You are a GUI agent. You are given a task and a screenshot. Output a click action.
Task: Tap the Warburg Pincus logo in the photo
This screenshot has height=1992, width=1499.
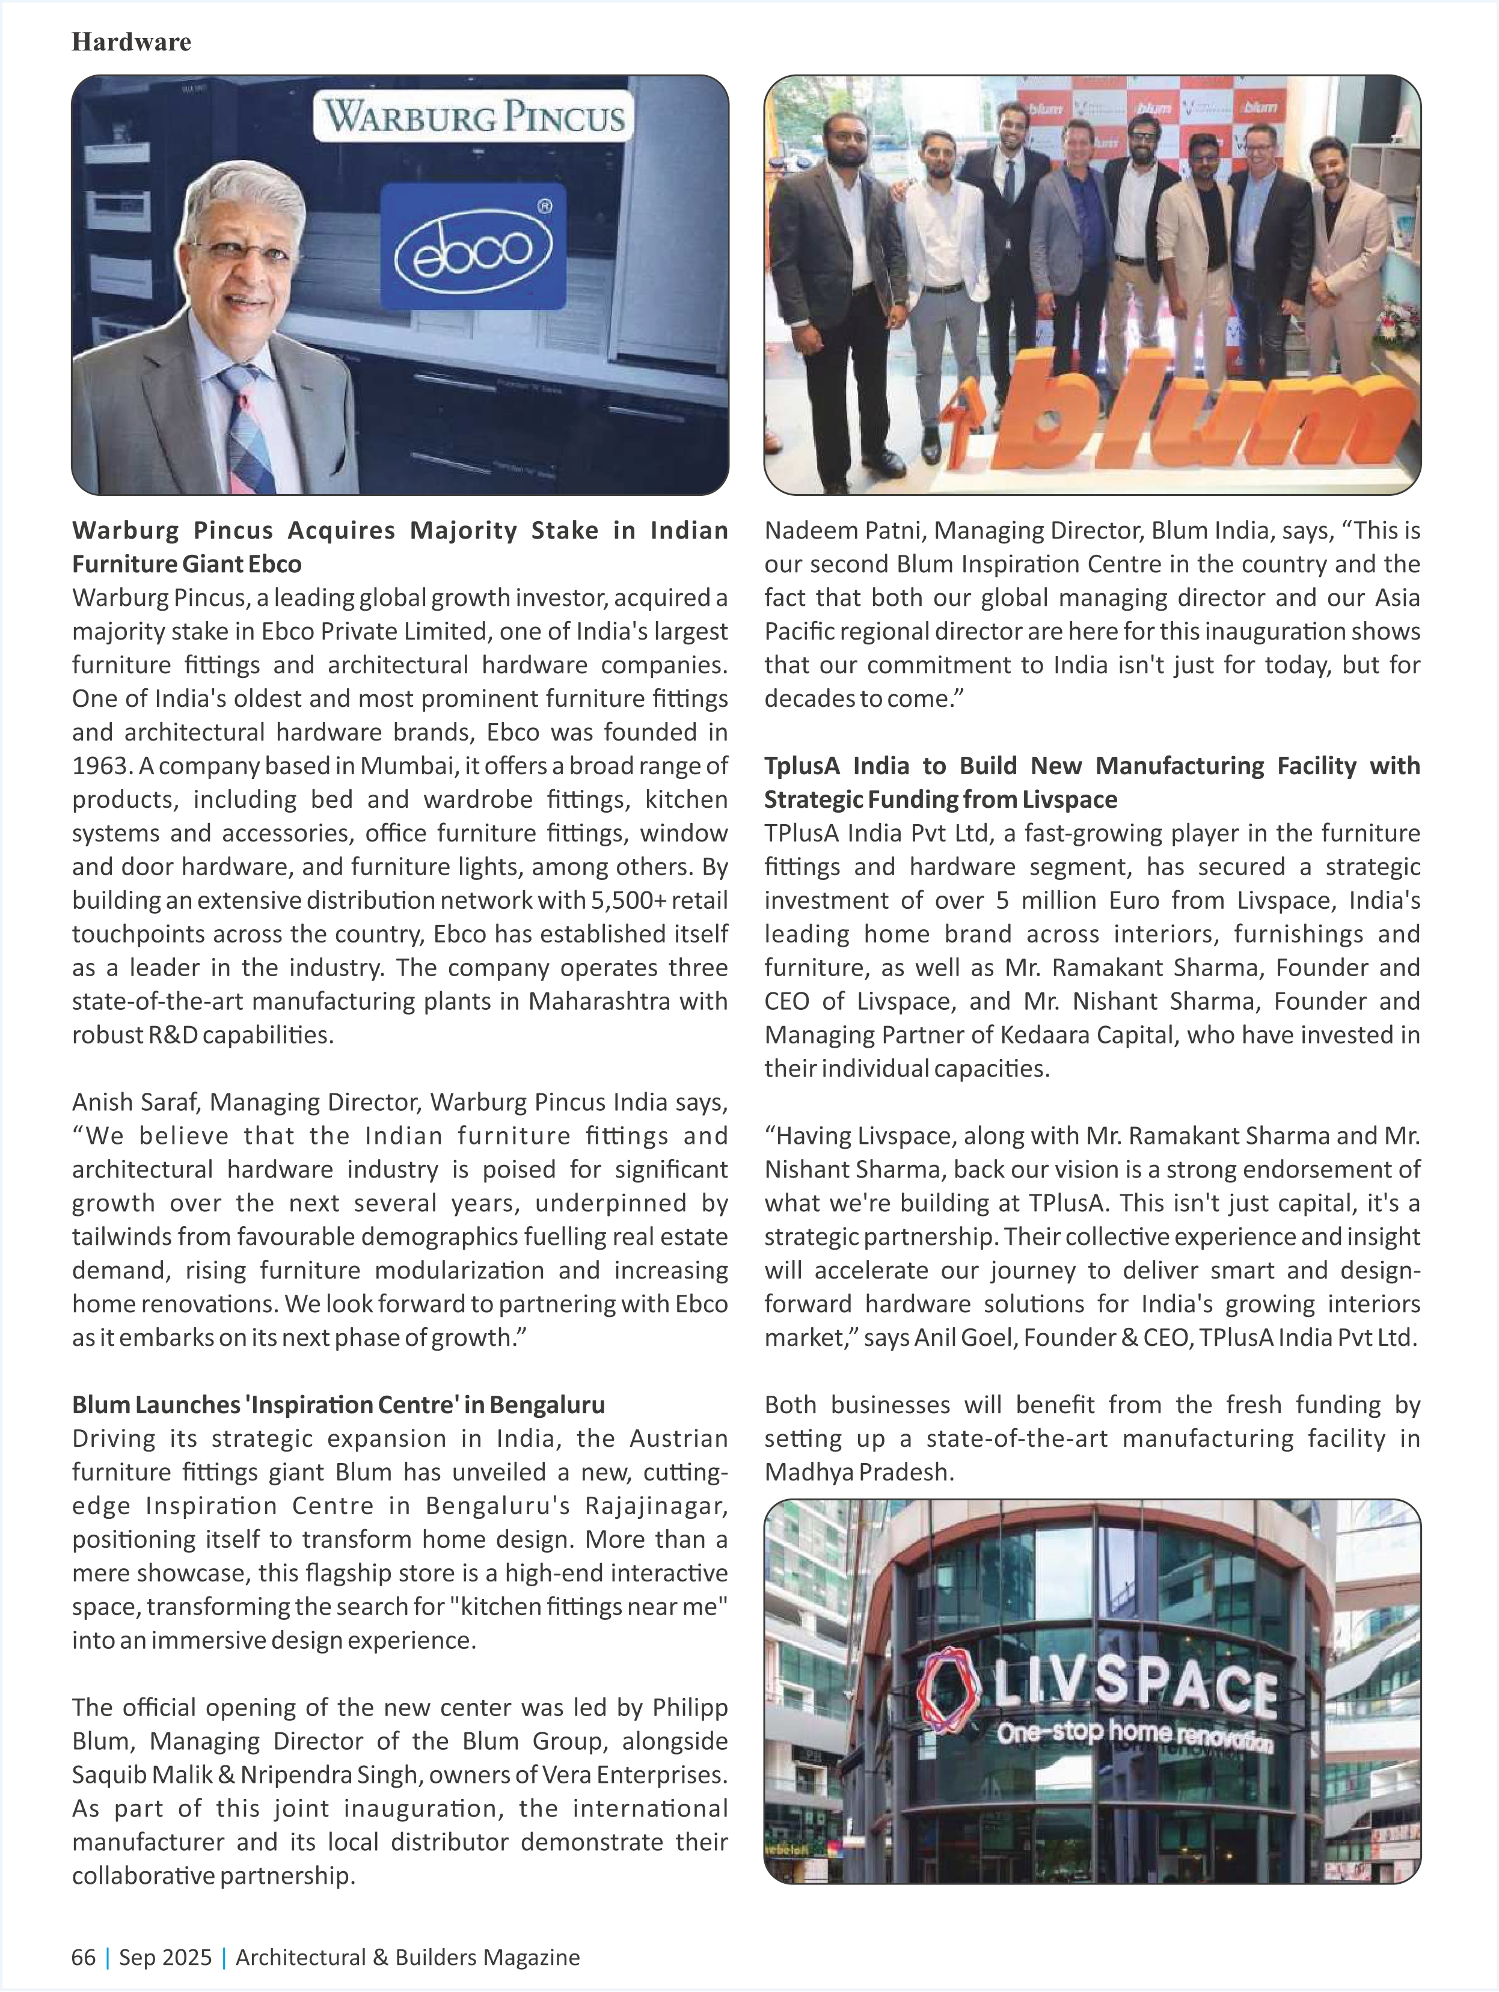pos(473,117)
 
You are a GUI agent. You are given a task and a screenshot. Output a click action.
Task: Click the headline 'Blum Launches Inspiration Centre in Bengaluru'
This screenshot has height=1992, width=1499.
pos(338,1405)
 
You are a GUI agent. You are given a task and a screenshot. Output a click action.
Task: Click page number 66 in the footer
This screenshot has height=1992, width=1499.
pos(84,1957)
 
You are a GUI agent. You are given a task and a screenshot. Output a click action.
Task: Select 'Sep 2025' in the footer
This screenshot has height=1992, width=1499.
pos(165,1957)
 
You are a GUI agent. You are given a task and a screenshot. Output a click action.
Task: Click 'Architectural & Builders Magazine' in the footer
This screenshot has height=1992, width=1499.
pos(407,1957)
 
